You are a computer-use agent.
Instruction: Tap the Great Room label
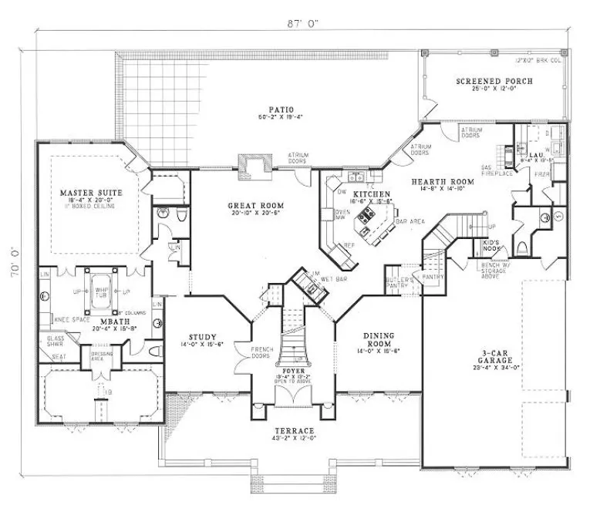click(x=256, y=206)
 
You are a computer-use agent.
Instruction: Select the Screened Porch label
click(x=494, y=81)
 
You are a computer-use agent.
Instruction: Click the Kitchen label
click(x=366, y=194)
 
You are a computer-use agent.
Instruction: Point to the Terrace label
click(x=296, y=429)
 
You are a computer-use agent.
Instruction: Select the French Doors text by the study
click(x=262, y=353)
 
